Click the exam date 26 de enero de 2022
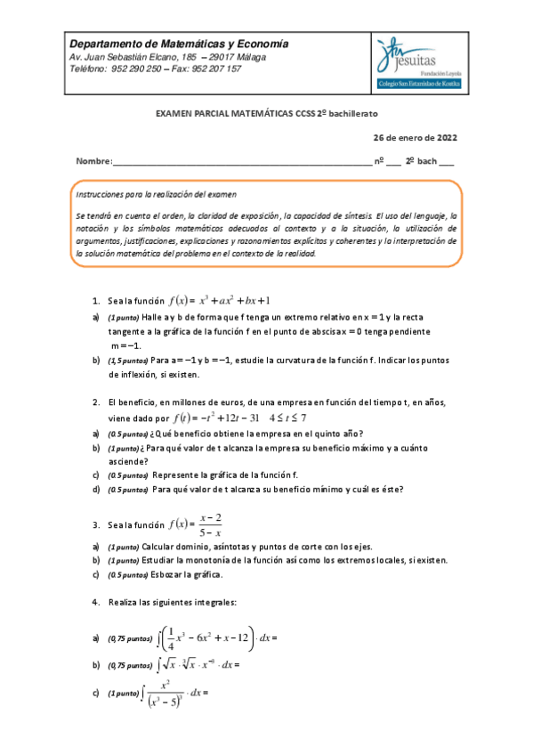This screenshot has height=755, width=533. click(x=415, y=137)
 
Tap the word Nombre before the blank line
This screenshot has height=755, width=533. click(x=93, y=161)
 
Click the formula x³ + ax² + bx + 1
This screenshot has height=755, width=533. click(x=226, y=300)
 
